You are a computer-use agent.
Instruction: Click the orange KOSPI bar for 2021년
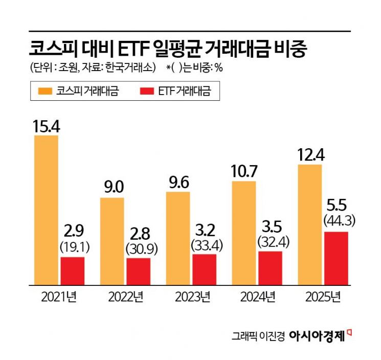(x=46, y=210)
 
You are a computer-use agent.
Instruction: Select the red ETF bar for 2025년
(x=335, y=258)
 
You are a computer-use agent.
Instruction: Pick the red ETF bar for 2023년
(x=204, y=269)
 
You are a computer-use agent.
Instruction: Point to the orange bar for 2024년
(x=243, y=233)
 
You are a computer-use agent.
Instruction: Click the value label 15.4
(x=46, y=126)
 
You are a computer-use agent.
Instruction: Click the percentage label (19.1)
(x=73, y=247)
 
